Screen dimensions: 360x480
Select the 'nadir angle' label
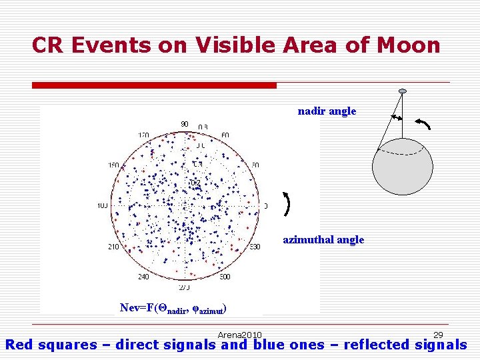pyautogui.click(x=327, y=111)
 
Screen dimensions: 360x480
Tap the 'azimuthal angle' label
pyautogui.click(x=323, y=239)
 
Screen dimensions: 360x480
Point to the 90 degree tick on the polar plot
pyautogui.click(x=185, y=125)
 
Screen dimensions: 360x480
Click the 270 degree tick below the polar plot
pyautogui.click(x=185, y=287)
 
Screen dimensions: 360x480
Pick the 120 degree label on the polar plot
pyautogui.click(x=143, y=135)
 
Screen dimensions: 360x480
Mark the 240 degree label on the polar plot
pyautogui.click(x=144, y=277)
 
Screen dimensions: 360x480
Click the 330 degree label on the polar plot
pyautogui.click(x=255, y=247)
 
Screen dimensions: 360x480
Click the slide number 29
pyautogui.click(x=438, y=335)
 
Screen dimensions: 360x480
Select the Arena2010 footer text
pyautogui.click(x=239, y=335)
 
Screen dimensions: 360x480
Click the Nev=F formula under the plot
pyautogui.click(x=173, y=308)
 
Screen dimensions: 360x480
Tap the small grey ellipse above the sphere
pyautogui.click(x=402, y=91)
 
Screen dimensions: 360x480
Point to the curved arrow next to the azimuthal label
pyautogui.click(x=287, y=204)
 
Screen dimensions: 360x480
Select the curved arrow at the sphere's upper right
pyautogui.click(x=423, y=123)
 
